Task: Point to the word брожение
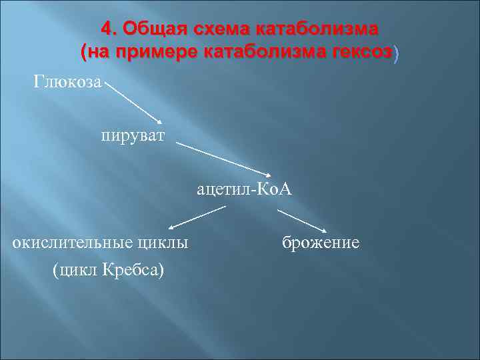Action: pos(321,243)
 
